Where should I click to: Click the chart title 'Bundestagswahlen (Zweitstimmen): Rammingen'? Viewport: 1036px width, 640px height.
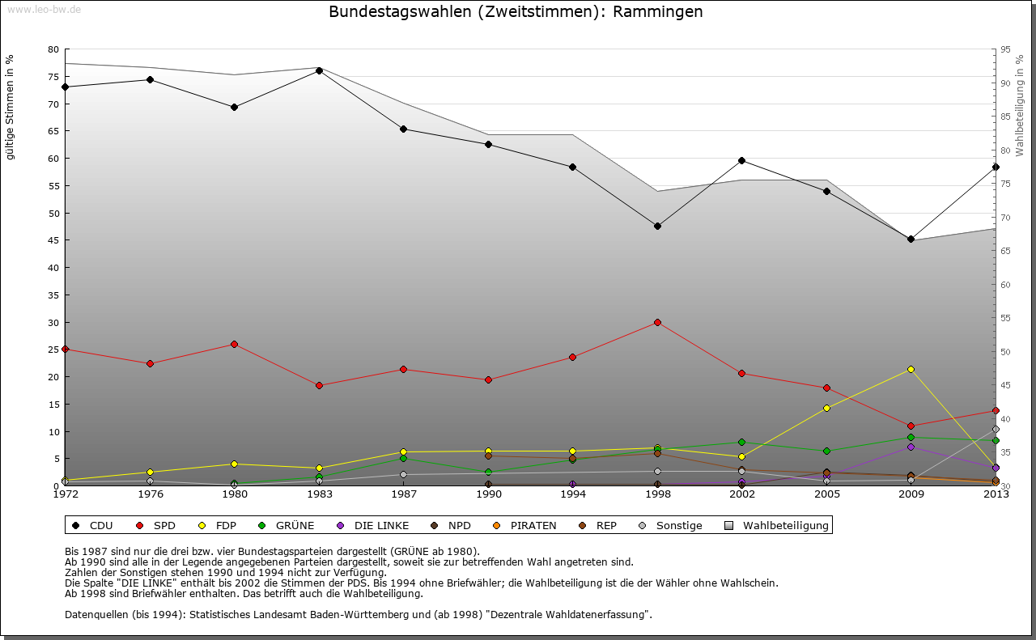tap(516, 12)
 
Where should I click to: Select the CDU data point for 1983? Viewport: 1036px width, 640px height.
tap(319, 70)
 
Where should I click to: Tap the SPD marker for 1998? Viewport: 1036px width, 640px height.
tap(657, 322)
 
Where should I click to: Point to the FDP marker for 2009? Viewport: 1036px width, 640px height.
tap(911, 369)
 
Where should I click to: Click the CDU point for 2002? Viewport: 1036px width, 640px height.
tap(741, 160)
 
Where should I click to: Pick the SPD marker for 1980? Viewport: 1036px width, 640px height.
tap(234, 344)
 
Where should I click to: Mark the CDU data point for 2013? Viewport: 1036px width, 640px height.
tap(996, 167)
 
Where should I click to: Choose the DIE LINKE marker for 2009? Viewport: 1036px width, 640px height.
tap(911, 447)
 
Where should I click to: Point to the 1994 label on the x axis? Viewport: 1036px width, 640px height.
tap(572, 494)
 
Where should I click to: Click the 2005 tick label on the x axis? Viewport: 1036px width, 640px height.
tap(826, 494)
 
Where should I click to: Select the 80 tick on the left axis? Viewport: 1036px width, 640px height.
tap(53, 49)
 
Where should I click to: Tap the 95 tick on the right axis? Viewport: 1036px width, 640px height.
tap(1005, 49)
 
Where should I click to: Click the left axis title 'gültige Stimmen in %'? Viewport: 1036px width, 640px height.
tap(11, 108)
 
